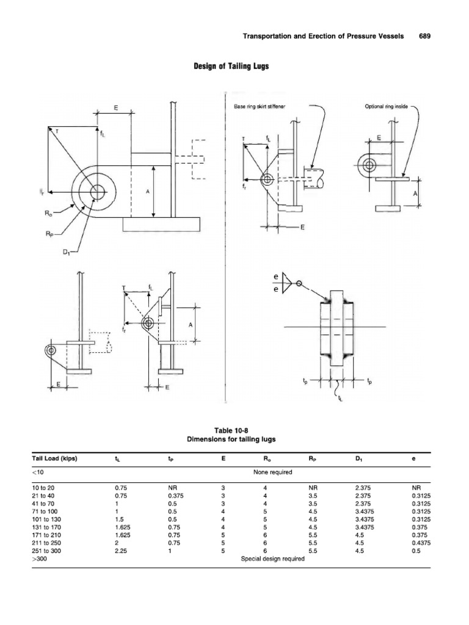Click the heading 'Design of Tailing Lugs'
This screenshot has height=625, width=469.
pyautogui.click(x=234, y=67)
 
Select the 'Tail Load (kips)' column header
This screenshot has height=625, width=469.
pyautogui.click(x=55, y=458)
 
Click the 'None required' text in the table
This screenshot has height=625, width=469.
pyautogui.click(x=272, y=472)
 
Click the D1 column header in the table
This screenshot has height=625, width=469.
pyautogui.click(x=359, y=458)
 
